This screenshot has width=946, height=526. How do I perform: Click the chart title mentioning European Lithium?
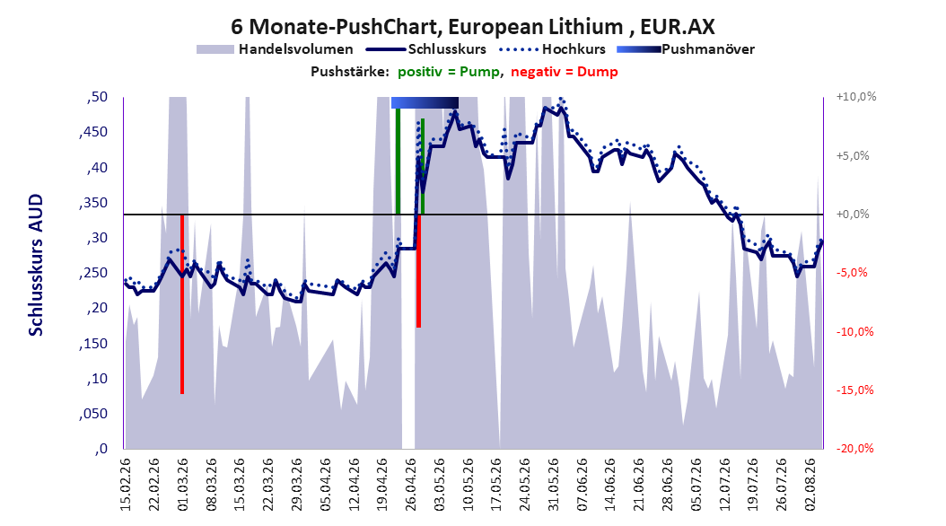(x=472, y=27)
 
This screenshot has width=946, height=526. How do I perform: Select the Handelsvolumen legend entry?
(x=276, y=49)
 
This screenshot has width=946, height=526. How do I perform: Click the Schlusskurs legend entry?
(x=426, y=49)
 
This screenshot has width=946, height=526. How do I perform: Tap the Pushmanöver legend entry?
(x=686, y=49)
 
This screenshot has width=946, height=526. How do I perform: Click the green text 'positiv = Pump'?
(x=448, y=72)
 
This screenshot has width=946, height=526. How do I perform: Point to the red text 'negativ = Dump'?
(x=565, y=72)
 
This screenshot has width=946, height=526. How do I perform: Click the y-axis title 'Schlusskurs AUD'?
(x=36, y=266)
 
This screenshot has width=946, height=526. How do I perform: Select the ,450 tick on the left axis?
(x=93, y=132)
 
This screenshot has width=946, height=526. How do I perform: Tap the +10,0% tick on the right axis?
(x=856, y=97)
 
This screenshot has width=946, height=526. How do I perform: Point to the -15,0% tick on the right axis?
(x=854, y=390)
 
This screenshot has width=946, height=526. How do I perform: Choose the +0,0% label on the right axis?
(x=853, y=215)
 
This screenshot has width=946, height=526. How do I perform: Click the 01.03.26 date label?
(x=183, y=485)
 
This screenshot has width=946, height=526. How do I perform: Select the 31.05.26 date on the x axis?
(x=554, y=485)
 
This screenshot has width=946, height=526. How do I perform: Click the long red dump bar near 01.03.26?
(x=182, y=304)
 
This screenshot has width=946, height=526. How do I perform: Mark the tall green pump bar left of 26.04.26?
(x=399, y=161)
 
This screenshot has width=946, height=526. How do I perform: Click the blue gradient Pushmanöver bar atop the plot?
(x=425, y=102)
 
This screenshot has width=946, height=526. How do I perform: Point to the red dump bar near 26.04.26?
(x=419, y=271)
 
